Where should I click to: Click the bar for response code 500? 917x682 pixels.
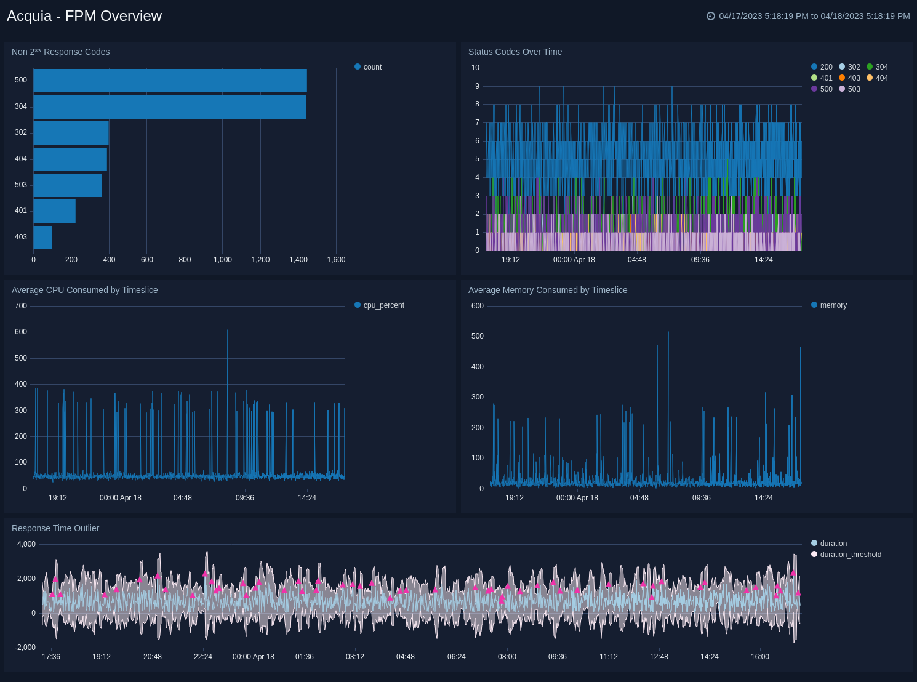point(170,81)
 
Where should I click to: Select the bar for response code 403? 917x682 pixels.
point(42,238)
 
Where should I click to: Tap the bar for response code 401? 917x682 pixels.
point(54,211)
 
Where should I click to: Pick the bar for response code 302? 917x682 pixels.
point(71,133)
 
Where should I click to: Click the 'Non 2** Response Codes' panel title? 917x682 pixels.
point(60,52)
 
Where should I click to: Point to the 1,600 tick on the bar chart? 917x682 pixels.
point(336,260)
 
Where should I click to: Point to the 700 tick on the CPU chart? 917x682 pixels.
point(21,306)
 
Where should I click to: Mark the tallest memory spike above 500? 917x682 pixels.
point(668,334)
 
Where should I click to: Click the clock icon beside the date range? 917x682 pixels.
point(711,16)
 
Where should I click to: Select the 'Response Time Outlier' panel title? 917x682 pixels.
point(55,528)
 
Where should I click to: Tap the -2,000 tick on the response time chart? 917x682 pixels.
point(26,648)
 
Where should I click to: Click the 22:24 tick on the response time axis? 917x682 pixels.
point(203,657)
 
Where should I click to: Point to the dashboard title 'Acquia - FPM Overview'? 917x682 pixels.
point(84,16)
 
